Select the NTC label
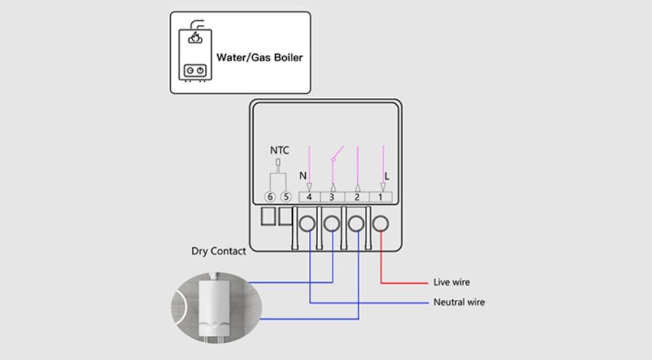(x=279, y=151)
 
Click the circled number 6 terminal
(x=269, y=196)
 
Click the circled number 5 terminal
(x=285, y=196)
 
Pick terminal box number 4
(x=309, y=196)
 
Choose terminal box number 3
(x=333, y=196)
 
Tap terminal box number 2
(x=357, y=196)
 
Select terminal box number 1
(x=381, y=196)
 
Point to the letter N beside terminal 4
(x=302, y=176)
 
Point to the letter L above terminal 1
(x=387, y=176)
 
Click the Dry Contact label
(x=218, y=251)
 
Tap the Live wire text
(x=451, y=282)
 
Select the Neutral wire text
(x=459, y=302)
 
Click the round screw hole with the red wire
(x=381, y=224)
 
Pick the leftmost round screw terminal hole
(x=307, y=224)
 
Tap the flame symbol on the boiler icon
(x=195, y=38)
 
